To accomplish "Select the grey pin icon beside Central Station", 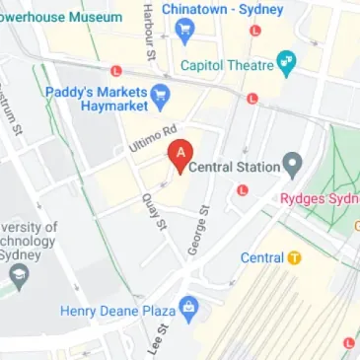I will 291,163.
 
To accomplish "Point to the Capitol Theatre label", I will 226,65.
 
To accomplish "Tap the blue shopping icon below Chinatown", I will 184,33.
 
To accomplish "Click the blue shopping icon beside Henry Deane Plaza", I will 191,312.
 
